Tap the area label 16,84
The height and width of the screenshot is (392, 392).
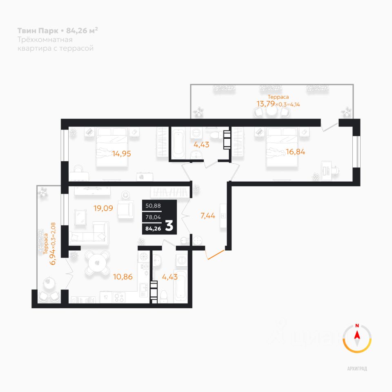296,152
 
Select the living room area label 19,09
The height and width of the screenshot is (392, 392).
103,208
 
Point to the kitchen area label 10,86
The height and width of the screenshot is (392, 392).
122,276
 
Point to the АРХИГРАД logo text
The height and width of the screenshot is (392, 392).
357,369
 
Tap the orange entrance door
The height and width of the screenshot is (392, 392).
215,253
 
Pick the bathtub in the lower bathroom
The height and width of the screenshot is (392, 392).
180,286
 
